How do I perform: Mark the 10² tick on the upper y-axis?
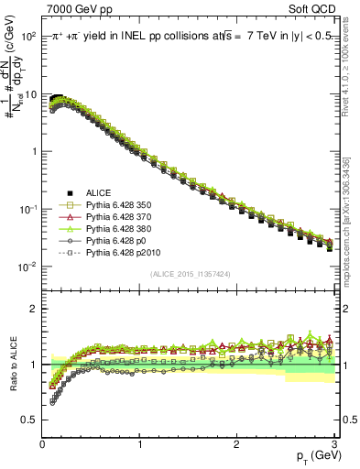pos(29,36)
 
